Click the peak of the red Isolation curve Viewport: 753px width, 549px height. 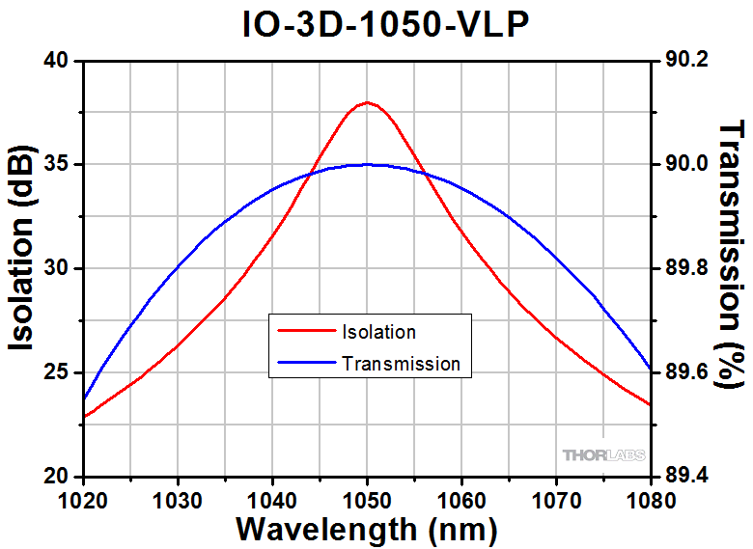(x=367, y=102)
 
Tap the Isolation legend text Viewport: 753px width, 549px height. (x=378, y=332)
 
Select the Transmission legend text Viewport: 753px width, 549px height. (x=401, y=364)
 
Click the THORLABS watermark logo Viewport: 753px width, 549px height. (x=604, y=454)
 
